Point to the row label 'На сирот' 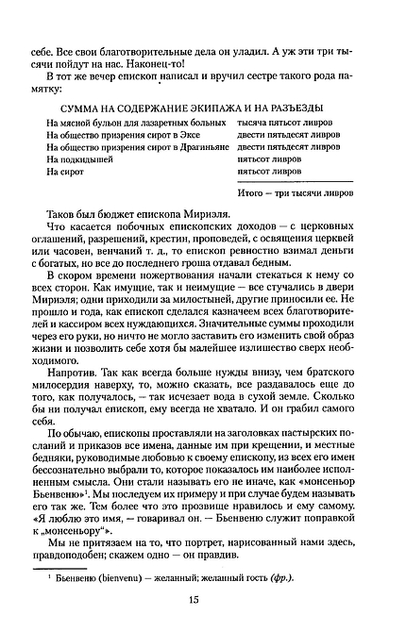69,172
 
